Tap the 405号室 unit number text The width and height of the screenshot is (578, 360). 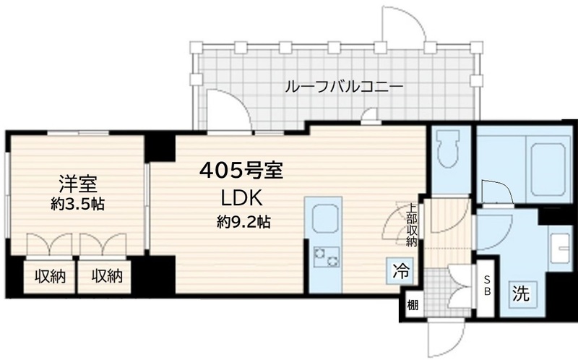click(241, 172)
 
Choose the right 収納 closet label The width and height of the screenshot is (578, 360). click(106, 275)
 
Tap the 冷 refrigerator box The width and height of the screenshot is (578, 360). click(400, 271)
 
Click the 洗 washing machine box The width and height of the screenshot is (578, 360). click(521, 294)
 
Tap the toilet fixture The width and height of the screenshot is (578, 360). click(449, 150)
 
